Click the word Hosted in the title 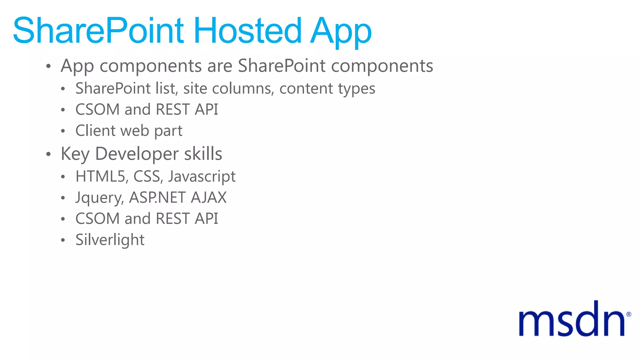247,31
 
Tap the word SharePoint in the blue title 98,31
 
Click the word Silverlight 110,240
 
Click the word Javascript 202,177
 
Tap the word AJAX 209,197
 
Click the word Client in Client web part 95,130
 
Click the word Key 75,154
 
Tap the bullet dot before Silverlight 63,240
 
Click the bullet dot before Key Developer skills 48,154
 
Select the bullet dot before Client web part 63,131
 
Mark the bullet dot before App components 48,66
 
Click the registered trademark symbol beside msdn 628,314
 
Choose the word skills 203,154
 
